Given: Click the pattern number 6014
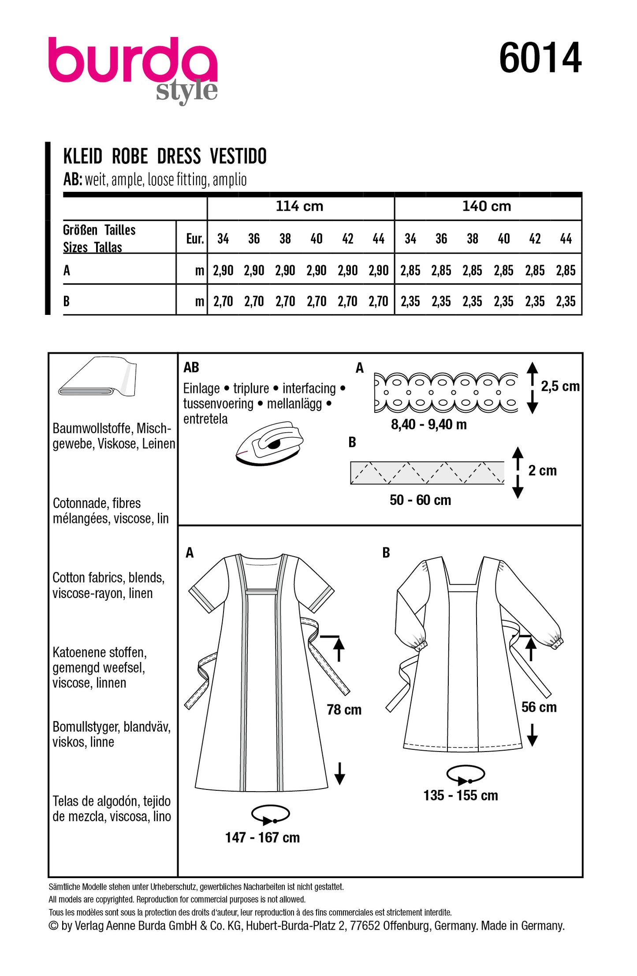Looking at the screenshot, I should (x=540, y=58).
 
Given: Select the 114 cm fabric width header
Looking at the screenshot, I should (x=299, y=206).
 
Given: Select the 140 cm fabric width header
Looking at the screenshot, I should (x=486, y=206).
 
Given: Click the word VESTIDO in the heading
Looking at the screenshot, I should (x=238, y=157).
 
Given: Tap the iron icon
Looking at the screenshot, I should (x=270, y=443).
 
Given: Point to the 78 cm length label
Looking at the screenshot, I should (x=344, y=710).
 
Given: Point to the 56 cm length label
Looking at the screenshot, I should (x=539, y=707).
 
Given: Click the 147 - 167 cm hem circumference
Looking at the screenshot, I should (x=262, y=837).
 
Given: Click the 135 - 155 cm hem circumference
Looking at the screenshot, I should (x=461, y=795).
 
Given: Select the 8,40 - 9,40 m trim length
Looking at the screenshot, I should (x=428, y=424).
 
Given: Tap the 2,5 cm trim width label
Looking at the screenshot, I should (x=560, y=386).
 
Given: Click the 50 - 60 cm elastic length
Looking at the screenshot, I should (x=420, y=500).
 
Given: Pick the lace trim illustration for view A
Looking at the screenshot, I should (x=446, y=392).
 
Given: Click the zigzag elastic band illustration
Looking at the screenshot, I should (x=427, y=473).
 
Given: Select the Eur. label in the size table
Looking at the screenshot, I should (x=194, y=239).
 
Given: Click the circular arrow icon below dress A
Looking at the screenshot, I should (x=270, y=815).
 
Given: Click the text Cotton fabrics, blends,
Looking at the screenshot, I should (x=108, y=577).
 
